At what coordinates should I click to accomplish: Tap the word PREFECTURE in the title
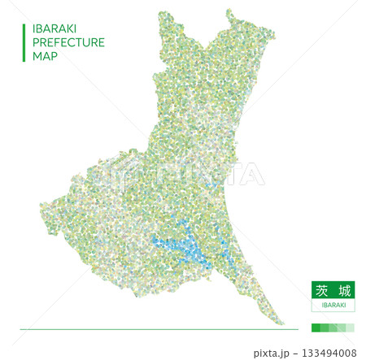click(x=68, y=42)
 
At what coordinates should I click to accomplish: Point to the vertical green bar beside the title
click(x=24, y=42)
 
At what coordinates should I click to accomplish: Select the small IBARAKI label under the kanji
click(x=333, y=305)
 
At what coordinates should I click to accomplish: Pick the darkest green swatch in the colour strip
click(x=316, y=327)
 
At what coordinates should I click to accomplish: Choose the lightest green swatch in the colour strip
click(x=351, y=327)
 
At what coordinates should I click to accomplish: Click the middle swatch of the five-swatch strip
click(x=333, y=327)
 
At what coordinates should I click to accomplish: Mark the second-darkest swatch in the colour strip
click(x=325, y=327)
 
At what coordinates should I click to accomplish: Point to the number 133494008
click(x=329, y=353)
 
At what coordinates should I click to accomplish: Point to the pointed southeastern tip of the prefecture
click(x=283, y=323)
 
